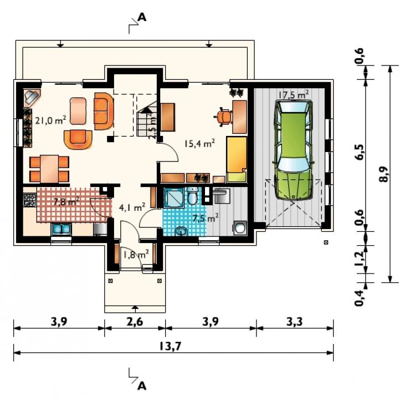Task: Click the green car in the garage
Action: coord(293,150)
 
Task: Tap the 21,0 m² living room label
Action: coord(50,120)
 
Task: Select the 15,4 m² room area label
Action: coord(200,143)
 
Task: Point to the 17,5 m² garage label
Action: coord(293,94)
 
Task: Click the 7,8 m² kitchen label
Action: coord(66,201)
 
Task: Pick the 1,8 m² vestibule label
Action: coord(136,254)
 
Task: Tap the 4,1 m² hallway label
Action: coord(132,207)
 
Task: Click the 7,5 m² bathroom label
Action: coord(206,218)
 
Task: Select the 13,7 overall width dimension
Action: coord(170,346)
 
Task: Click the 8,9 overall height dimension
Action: coord(384,174)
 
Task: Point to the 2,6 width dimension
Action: coord(135,322)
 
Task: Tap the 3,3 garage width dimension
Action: coord(294,322)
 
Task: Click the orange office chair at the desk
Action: coord(224,117)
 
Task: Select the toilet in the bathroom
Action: coord(192,196)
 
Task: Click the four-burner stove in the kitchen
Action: coord(29,200)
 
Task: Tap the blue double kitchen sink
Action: coord(61,229)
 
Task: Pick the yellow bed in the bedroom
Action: coord(237,159)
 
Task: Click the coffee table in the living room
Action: coord(78,111)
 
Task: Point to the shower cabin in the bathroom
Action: coord(175,198)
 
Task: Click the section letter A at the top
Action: coord(142,17)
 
